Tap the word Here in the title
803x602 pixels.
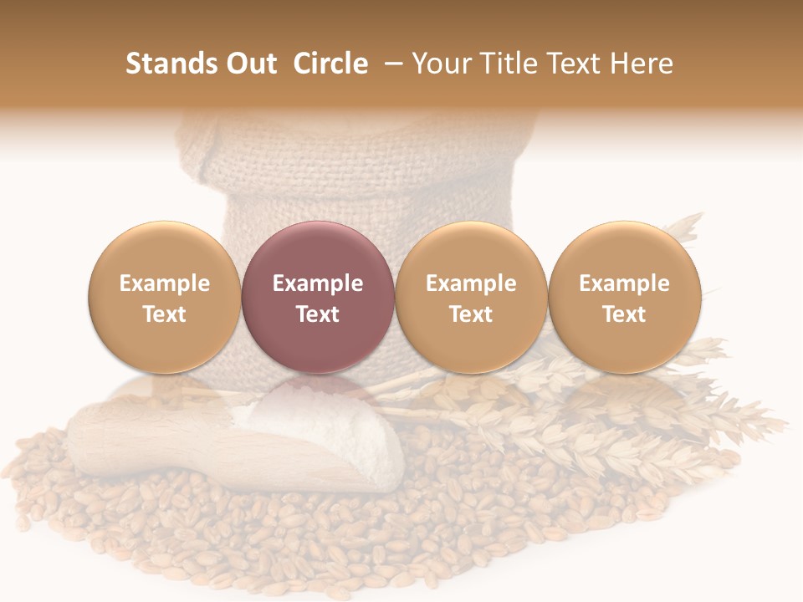click(x=642, y=64)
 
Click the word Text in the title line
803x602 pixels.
click(x=575, y=64)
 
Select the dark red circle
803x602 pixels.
click(x=317, y=297)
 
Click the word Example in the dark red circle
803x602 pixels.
click(x=318, y=283)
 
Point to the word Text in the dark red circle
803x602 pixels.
click(x=318, y=314)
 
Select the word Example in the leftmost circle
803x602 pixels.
click(x=165, y=283)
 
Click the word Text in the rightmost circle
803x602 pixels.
click(x=624, y=314)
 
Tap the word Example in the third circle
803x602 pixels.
click(x=471, y=283)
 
